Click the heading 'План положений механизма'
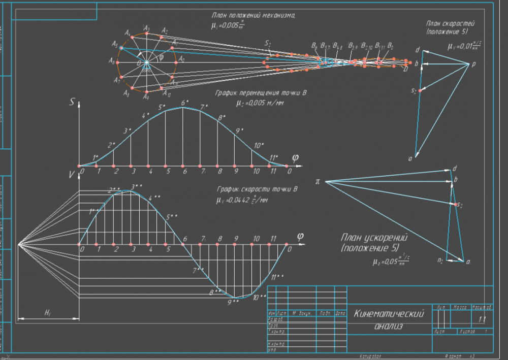pos(252,16)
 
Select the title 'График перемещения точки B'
pos(262,93)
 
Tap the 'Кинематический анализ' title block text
pos(389,319)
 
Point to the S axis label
pos(73,102)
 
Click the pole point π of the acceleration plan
pos(318,181)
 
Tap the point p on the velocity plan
pos(473,64)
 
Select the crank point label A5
pos(115,44)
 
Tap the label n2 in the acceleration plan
pos(440,260)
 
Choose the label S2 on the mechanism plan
pos(268,45)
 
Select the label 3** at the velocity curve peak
pos(136,187)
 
